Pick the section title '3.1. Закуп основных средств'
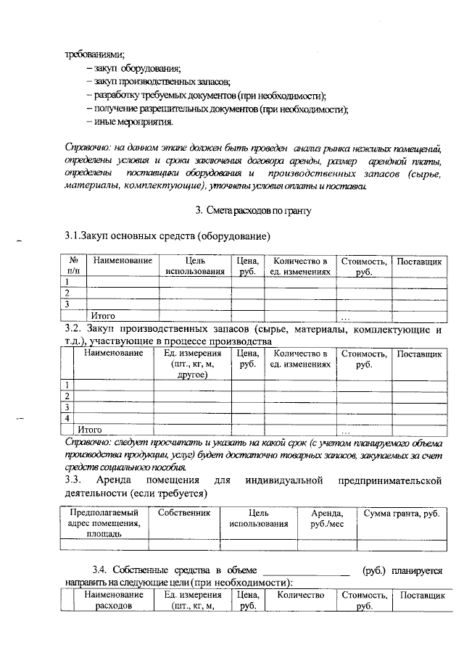click(168, 236)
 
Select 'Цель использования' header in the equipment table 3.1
click(195, 266)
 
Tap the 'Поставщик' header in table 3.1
click(419, 261)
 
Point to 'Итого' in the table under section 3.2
click(89, 430)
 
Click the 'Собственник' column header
click(184, 513)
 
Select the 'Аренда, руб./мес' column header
click(327, 518)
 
